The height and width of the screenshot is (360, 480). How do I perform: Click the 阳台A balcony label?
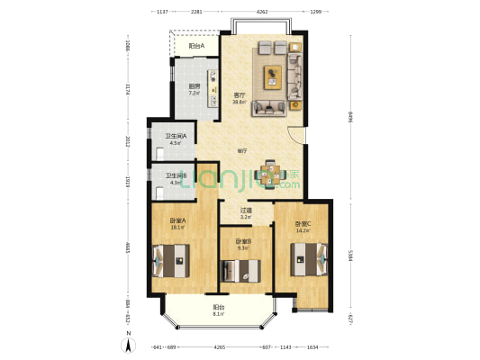[x=195, y=46]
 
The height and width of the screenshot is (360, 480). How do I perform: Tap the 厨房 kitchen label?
[x=194, y=87]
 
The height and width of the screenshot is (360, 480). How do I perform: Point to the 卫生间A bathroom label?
[x=174, y=135]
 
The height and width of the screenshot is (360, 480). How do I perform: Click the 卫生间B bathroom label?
[x=174, y=175]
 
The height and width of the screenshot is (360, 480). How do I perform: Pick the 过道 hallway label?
[x=245, y=211]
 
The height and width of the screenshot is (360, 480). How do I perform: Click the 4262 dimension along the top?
[x=261, y=13]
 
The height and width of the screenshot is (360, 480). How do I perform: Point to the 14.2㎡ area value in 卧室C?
[x=303, y=231]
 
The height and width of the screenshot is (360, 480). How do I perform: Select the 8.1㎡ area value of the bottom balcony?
[x=219, y=314]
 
